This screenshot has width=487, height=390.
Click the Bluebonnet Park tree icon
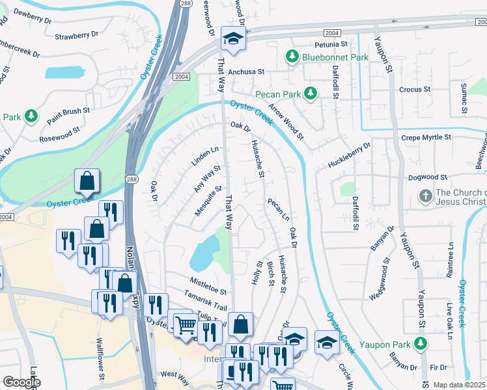coord(292,57)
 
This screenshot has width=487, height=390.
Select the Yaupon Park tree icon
coord(423,342)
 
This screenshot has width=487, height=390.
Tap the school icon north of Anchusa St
coord(231,39)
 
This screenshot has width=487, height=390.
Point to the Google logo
coord(21,382)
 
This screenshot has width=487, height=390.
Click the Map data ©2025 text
coord(460,385)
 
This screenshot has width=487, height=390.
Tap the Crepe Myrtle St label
coord(426,137)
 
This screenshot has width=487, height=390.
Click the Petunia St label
coord(331,44)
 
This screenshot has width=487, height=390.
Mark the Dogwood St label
coord(427,177)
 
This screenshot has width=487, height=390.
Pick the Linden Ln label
coord(205,159)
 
